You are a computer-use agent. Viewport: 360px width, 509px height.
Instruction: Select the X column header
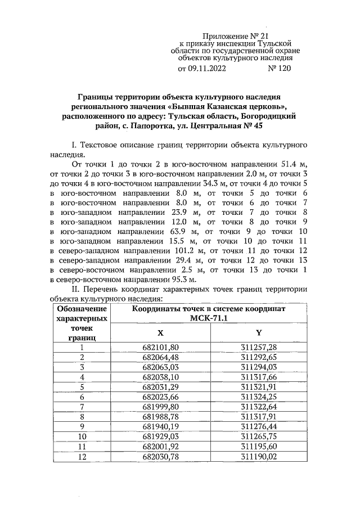tap(160, 332)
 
